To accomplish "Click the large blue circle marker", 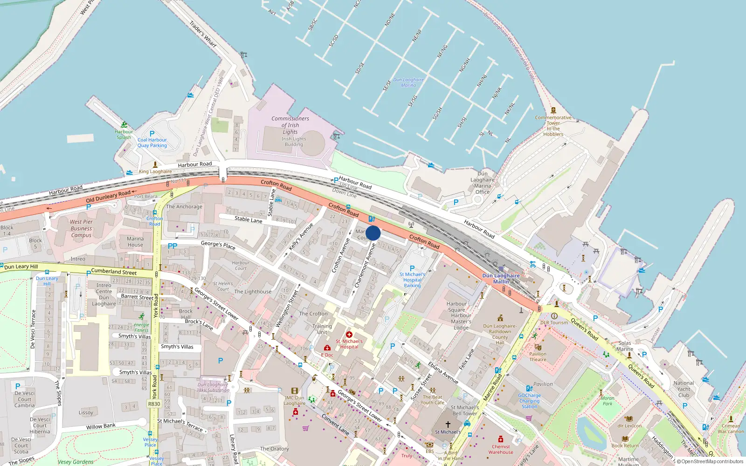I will [373, 233].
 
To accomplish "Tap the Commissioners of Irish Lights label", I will [290, 125].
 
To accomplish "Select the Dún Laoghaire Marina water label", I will [408, 82].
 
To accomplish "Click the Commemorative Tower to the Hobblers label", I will [553, 126].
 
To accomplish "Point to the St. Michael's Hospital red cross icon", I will [349, 335].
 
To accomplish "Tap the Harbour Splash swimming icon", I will [124, 125].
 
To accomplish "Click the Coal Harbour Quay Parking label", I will [152, 143].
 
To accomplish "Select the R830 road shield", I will [154, 404].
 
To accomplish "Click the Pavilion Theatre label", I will [538, 356].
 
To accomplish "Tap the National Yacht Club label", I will [684, 389].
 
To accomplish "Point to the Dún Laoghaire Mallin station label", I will [501, 279].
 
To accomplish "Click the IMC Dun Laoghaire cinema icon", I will [294, 391].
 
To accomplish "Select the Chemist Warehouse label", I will [501, 449].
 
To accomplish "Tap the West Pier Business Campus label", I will [81, 228].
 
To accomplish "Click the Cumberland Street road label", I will [114, 271].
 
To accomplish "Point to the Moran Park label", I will [607, 401].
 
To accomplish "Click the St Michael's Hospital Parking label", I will [412, 280].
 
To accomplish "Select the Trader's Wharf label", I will [203, 34].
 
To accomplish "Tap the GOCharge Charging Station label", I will [529, 401].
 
